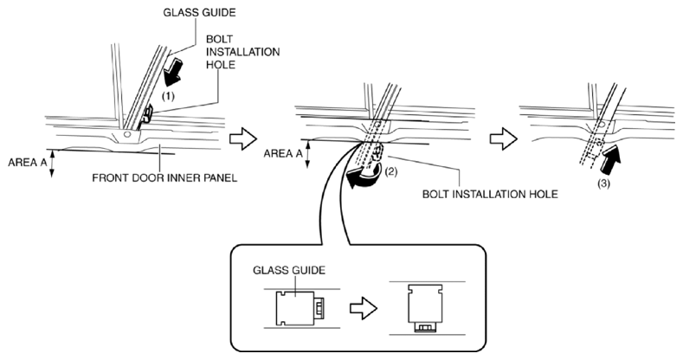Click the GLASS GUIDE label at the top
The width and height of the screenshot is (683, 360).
199,13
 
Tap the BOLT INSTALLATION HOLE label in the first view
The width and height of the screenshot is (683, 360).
242,52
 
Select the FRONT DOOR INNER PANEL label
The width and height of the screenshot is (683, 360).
164,178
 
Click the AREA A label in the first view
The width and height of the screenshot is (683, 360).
28,163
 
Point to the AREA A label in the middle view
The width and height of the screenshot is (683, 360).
283,153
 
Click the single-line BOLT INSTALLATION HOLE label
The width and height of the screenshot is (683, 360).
490,194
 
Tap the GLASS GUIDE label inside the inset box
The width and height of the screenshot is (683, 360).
289,270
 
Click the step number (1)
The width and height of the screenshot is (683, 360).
168,97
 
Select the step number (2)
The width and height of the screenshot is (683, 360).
390,172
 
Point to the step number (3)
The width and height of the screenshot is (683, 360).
603,183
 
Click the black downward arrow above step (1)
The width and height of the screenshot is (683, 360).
174,70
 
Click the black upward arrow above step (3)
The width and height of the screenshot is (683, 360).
610,160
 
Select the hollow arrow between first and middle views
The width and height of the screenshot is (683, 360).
243,138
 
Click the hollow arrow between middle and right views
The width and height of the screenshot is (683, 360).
504,139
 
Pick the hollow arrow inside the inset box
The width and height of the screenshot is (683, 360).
364,309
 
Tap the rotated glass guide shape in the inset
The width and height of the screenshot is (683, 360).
426,308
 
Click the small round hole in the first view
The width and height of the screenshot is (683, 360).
126,134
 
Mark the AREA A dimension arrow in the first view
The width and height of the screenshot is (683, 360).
52,164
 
